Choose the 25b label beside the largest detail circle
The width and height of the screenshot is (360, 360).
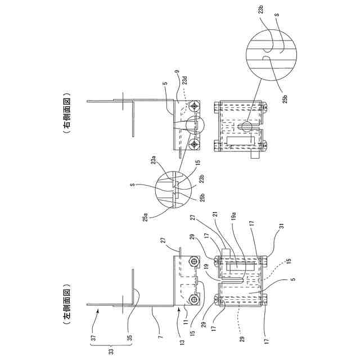pos(285,97)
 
